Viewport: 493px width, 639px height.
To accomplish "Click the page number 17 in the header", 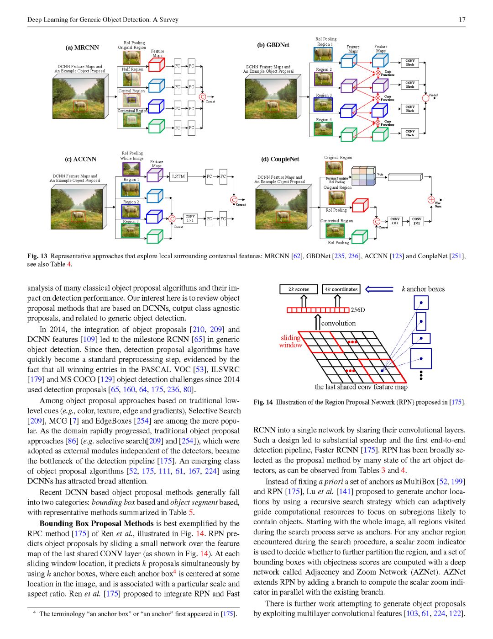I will tap(462, 20).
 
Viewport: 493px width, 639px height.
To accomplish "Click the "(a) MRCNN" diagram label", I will tap(82, 48).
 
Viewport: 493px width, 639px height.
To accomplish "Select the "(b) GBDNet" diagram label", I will tap(273, 45).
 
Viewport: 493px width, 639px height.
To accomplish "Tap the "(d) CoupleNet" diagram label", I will tap(280, 159).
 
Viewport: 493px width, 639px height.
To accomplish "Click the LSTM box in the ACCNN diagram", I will tap(178, 176).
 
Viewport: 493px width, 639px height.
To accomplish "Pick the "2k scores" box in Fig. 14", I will tap(299, 289).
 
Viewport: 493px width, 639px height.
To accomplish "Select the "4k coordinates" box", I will tap(341, 289).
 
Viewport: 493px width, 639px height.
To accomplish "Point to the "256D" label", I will tap(358, 310).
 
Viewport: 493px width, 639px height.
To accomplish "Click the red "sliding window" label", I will tap(290, 341).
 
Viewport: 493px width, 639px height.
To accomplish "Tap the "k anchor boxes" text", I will tap(423, 289).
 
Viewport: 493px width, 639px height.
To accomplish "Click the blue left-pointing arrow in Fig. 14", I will tap(379, 289).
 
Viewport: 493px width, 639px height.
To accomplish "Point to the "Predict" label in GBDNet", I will tap(433, 95).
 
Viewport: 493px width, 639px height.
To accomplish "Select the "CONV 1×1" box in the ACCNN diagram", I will tap(190, 218).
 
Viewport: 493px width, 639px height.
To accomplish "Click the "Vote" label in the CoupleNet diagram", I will tap(380, 174).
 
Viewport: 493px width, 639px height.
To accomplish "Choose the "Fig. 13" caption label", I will tap(37, 256).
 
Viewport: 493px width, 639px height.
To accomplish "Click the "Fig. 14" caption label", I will tap(263, 402).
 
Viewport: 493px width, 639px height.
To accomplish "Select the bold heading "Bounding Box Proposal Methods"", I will tap(96, 523).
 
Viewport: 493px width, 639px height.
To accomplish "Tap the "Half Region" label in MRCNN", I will tap(132, 69).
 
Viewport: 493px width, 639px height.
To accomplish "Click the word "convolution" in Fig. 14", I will tap(338, 323).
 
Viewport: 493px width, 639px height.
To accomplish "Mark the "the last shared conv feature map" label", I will tap(361, 387).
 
